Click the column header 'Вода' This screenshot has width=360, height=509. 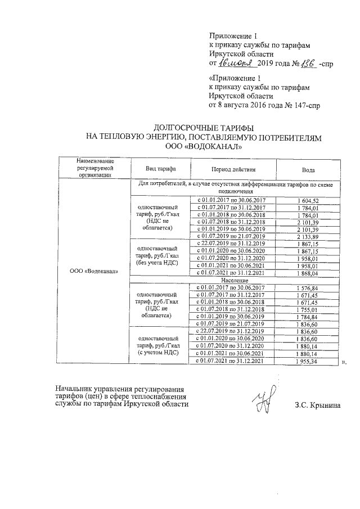[x=308, y=169]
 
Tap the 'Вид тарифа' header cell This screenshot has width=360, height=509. [x=160, y=169]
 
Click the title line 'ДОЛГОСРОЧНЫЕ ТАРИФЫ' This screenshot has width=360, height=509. [x=202, y=128]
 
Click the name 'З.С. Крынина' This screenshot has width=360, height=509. [x=317, y=406]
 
